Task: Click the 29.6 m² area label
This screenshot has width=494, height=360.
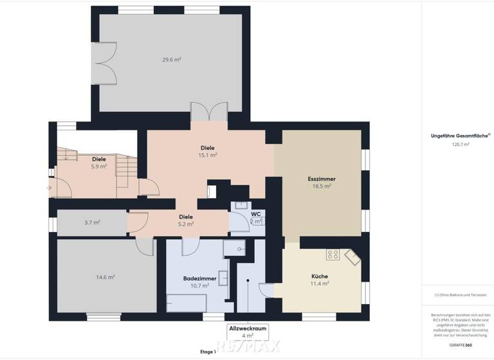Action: tap(171, 60)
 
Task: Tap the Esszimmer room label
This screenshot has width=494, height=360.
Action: tap(322, 182)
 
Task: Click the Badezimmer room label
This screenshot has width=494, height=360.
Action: tap(196, 282)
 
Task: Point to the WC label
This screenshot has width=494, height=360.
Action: tap(255, 217)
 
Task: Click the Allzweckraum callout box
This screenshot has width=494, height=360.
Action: tap(248, 331)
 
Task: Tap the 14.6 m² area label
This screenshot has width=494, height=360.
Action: tap(105, 277)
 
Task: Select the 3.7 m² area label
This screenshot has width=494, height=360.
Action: tap(93, 222)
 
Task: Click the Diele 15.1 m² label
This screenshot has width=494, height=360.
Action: tap(207, 151)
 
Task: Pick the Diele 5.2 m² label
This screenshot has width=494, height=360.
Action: tap(186, 221)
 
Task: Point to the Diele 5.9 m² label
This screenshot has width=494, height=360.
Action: tap(99, 162)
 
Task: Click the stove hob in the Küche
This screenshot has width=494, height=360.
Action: tap(333, 255)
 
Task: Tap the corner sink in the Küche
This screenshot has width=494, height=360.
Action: tap(352, 258)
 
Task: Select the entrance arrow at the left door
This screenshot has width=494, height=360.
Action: tap(50, 188)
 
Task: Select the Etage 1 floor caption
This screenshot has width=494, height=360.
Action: tap(208, 352)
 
